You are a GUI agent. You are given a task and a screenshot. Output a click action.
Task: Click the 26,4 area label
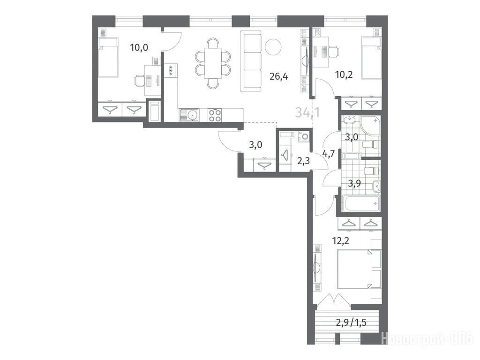[x=278, y=76]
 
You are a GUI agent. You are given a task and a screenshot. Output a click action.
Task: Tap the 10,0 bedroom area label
[x=139, y=47]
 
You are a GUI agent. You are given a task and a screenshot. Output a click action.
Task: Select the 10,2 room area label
[x=344, y=74]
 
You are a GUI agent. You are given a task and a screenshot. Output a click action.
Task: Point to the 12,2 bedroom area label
[x=341, y=241]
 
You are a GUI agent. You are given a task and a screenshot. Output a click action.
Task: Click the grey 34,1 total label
[x=307, y=112]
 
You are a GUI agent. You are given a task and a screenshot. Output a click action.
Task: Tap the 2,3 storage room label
[x=303, y=160]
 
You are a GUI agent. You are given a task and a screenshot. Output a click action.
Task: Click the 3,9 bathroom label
[x=354, y=183]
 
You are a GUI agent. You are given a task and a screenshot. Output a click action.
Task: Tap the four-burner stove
[x=215, y=115]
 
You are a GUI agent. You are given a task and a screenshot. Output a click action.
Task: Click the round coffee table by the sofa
[x=273, y=47]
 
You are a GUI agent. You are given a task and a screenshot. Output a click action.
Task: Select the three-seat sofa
[x=251, y=61]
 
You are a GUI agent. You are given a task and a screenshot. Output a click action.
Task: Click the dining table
[x=213, y=63]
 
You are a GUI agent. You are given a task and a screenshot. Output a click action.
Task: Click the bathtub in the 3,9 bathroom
[x=361, y=203]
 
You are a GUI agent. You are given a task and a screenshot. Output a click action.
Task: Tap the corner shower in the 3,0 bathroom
[x=370, y=126]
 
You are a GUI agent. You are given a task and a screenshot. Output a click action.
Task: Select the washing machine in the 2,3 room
[x=304, y=136]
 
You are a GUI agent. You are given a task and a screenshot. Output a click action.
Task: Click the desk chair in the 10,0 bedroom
[x=139, y=81]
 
